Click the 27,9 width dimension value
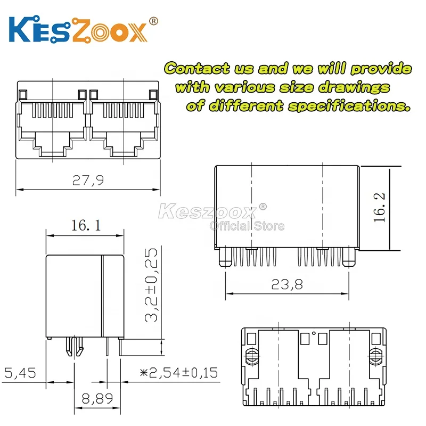coord(88,181)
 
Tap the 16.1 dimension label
coord(86,225)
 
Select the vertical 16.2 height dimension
coord(379,208)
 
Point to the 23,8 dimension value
coord(288,284)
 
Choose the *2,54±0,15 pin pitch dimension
coord(178,372)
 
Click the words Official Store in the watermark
coord(247,226)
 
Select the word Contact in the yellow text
coord(196,69)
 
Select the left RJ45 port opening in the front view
coord(53,125)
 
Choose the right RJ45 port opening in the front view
coord(124,125)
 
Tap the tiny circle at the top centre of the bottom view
coord(314,334)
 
